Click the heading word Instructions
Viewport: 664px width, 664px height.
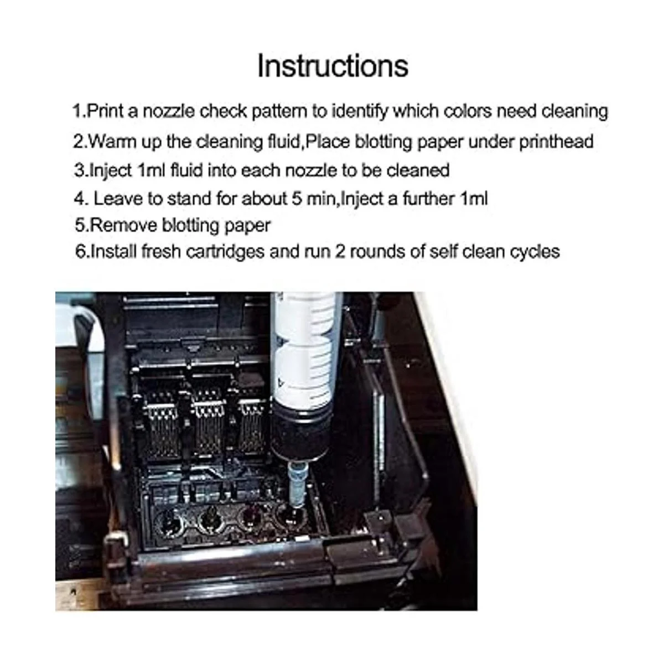pyautogui.click(x=333, y=66)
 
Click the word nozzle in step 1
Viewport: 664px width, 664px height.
pyautogui.click(x=169, y=111)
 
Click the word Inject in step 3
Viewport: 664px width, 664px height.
pyautogui.click(x=110, y=170)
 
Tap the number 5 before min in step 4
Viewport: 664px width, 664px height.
pyautogui.click(x=297, y=199)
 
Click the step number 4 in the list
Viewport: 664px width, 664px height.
pyautogui.click(x=80, y=199)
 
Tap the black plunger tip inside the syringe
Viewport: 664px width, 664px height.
pyautogui.click(x=299, y=433)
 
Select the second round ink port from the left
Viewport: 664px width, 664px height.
pyautogui.click(x=210, y=523)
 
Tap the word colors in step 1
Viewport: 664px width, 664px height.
pyautogui.click(x=467, y=111)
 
